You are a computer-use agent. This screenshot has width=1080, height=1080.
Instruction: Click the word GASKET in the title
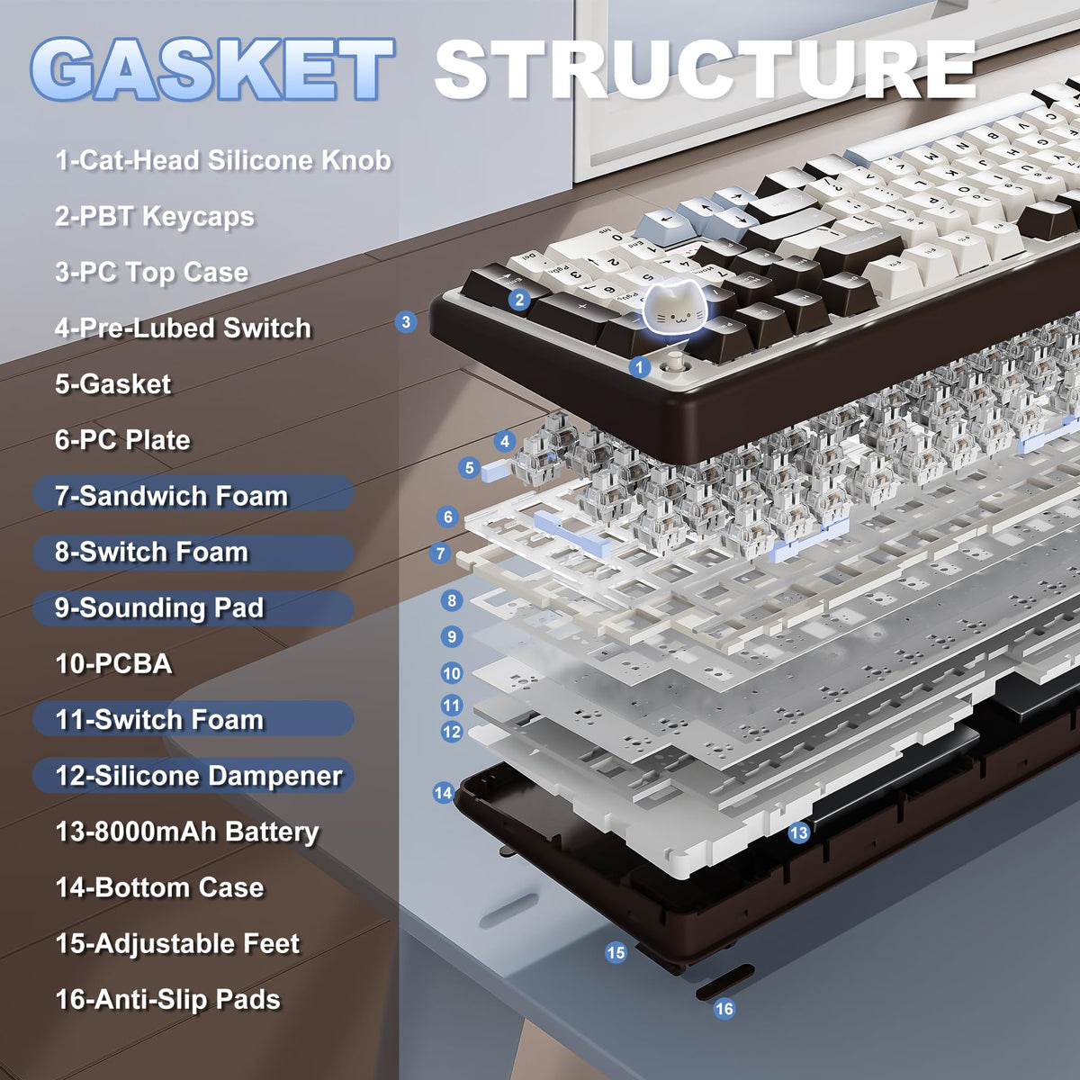(x=213, y=69)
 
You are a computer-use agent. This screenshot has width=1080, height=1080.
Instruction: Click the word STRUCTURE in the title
(x=706, y=70)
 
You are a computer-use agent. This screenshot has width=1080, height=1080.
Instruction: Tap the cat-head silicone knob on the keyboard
(x=675, y=309)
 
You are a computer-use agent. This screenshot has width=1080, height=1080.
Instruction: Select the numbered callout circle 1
(x=639, y=368)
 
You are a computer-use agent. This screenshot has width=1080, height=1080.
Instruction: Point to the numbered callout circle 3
(x=406, y=321)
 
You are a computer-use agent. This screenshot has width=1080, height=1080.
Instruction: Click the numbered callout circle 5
(x=469, y=467)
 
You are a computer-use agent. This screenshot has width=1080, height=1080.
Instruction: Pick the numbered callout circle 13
(x=798, y=832)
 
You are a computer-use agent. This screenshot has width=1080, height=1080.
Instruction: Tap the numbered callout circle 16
(x=724, y=1009)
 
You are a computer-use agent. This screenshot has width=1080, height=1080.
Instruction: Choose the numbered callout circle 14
(x=444, y=793)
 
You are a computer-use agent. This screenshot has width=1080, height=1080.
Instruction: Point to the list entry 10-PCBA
(x=113, y=663)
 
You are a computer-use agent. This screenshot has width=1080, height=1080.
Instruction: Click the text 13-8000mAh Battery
(x=187, y=832)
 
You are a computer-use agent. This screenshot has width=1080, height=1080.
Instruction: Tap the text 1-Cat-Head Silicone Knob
(x=223, y=160)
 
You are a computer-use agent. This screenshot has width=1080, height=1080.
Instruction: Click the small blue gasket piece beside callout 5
(x=495, y=470)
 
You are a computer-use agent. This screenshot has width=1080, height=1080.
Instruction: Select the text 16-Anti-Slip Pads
(x=167, y=1001)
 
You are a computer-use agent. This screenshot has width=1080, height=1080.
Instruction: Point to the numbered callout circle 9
(x=452, y=636)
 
